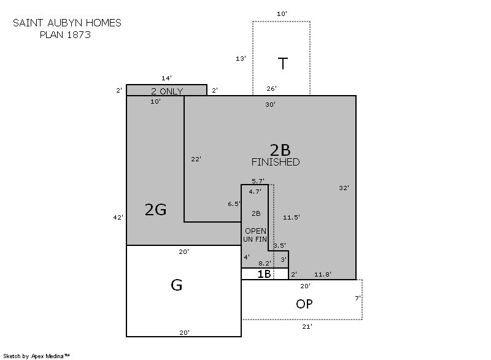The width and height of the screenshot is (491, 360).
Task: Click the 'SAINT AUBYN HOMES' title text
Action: pyautogui.click(x=67, y=23)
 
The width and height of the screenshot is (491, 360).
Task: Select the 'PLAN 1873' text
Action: pyautogui.click(x=65, y=34)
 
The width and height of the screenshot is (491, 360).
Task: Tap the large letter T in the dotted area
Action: pyautogui.click(x=283, y=64)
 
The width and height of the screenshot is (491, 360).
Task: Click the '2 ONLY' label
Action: pyautogui.click(x=167, y=91)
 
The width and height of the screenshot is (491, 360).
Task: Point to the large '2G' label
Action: pyautogui.click(x=156, y=209)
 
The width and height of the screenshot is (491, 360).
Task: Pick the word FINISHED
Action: pyautogui.click(x=276, y=162)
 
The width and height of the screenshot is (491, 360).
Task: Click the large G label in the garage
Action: pyautogui.click(x=177, y=285)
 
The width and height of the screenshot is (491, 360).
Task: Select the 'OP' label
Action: pyautogui.click(x=304, y=304)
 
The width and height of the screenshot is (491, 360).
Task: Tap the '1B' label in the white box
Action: pyautogui.click(x=264, y=274)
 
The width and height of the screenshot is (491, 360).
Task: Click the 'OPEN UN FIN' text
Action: pyautogui.click(x=255, y=235)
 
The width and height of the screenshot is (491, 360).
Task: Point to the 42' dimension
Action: pyautogui.click(x=118, y=217)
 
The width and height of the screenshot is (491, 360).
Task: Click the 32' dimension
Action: pyautogui.click(x=344, y=188)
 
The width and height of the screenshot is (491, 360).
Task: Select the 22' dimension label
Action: pyautogui.click(x=196, y=159)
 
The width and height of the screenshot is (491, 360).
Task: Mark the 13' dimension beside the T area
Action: pyautogui.click(x=241, y=58)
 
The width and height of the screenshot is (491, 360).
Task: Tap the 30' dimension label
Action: pyautogui.click(x=271, y=104)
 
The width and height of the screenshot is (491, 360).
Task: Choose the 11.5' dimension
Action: pyautogui.click(x=292, y=217)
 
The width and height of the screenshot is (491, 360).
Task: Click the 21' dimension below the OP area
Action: pyautogui.click(x=307, y=326)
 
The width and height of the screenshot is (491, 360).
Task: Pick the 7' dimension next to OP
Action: pyautogui.click(x=358, y=298)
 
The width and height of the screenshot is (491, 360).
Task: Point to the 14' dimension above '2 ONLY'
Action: pyautogui.click(x=166, y=78)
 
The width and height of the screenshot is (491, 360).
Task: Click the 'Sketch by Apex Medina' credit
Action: pyautogui.click(x=36, y=356)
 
